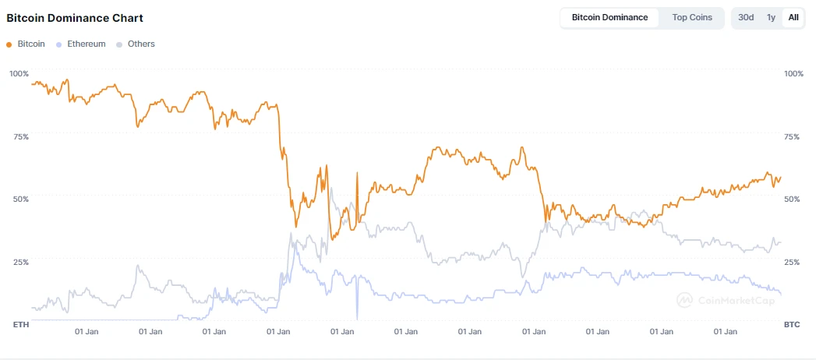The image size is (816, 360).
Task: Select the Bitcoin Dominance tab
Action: coord(609,17)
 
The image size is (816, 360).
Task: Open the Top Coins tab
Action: coord(692,17)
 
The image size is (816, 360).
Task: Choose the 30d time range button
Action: coord(746,17)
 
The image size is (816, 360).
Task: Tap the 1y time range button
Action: coord(771,17)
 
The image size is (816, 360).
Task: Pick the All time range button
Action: coord(793,17)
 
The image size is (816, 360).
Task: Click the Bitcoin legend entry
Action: coord(26,44)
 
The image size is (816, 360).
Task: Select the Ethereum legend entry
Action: coord(81,44)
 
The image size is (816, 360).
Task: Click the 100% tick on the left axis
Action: coord(19,73)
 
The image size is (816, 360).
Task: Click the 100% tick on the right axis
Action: coord(793,73)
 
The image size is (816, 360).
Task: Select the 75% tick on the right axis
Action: coord(792,136)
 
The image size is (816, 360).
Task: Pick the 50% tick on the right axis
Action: coord(792,199)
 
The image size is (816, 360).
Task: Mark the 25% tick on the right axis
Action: coord(792,262)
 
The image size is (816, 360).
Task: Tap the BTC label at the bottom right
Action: coord(792,323)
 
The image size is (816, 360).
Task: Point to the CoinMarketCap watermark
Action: coord(725,298)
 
